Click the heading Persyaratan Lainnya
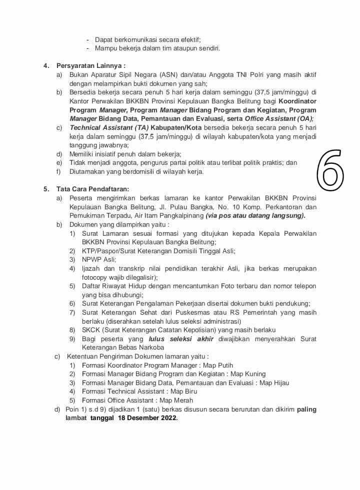(x=90, y=65)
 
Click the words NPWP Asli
(x=99, y=259)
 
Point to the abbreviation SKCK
(x=91, y=330)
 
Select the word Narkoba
(x=151, y=347)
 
